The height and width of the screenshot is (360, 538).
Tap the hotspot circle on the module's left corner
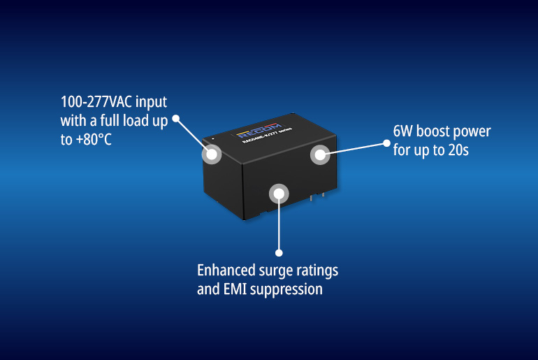212,154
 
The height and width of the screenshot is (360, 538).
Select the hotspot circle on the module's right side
319,155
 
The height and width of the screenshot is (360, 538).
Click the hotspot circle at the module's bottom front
279,194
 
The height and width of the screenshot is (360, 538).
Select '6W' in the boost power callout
404,131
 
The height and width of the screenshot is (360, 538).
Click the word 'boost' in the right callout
435,131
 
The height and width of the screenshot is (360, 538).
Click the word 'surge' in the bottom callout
275,270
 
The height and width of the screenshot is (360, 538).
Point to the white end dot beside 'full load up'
176,120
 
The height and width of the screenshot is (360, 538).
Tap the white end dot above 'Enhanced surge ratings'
279,252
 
